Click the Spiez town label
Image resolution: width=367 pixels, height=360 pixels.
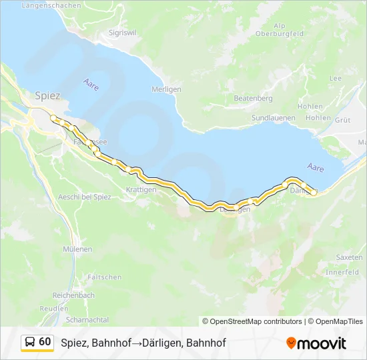coord(47,95)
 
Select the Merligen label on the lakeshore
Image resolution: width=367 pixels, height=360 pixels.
coord(166,89)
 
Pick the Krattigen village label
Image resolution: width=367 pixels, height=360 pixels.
coord(141,189)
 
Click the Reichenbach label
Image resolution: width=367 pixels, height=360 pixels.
coord(73,295)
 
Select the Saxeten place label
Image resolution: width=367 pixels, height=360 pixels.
coord(349,257)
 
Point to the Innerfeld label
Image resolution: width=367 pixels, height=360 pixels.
coord(342,272)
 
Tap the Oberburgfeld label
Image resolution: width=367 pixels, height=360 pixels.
coord(280,33)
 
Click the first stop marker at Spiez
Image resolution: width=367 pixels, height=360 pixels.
coord(53,118)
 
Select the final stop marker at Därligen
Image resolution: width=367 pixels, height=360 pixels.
coord(314,192)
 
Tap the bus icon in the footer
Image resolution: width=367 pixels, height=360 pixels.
coord(30,342)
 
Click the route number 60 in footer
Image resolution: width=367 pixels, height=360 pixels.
coord(45,342)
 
